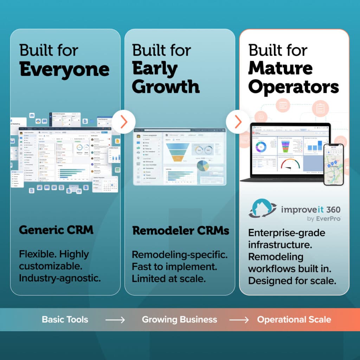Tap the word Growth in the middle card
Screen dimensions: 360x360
coord(166,86)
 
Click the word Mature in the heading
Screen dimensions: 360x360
coord(280,68)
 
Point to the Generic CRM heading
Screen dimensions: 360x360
coord(56,230)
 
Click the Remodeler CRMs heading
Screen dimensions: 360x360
coord(181,231)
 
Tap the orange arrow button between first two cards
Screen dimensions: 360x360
coord(123,122)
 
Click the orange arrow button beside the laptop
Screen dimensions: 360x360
coord(238,122)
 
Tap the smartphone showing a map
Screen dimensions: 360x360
coord(333,164)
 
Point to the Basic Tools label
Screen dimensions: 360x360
coord(65,320)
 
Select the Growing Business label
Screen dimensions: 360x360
coord(179,320)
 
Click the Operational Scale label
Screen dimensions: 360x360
coord(294,320)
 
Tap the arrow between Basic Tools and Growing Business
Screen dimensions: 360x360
coord(115,320)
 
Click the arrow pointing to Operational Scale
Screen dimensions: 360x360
coord(239,320)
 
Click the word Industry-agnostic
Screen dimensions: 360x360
coord(60,278)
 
